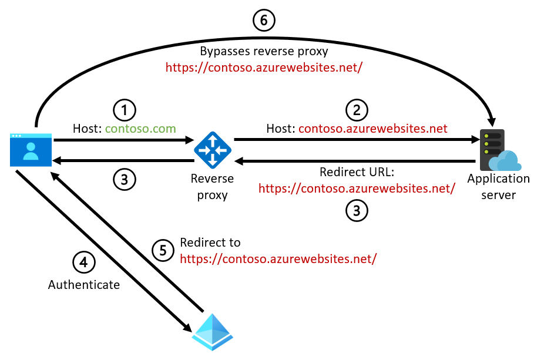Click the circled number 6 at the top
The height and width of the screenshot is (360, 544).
point(264,21)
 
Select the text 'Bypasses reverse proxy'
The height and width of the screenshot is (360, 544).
point(264,51)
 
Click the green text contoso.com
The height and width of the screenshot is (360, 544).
point(140,128)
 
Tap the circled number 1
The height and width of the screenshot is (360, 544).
point(124,109)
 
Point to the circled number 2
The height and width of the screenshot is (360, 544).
point(357,109)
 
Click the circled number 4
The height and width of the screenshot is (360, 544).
point(83,262)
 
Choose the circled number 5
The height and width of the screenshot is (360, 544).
point(163,250)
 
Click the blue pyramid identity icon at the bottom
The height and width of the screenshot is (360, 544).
point(212,332)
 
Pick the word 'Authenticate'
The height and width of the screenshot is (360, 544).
point(84,285)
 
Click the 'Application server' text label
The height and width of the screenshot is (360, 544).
point(498,186)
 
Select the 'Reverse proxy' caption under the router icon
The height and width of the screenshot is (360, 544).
point(212,186)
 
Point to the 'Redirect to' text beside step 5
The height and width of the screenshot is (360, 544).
point(210,243)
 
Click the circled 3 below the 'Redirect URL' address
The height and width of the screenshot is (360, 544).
point(357,210)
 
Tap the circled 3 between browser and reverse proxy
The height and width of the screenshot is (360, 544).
point(124,179)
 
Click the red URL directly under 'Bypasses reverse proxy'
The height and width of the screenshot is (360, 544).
point(264,67)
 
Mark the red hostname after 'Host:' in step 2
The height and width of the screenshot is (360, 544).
point(373,128)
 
